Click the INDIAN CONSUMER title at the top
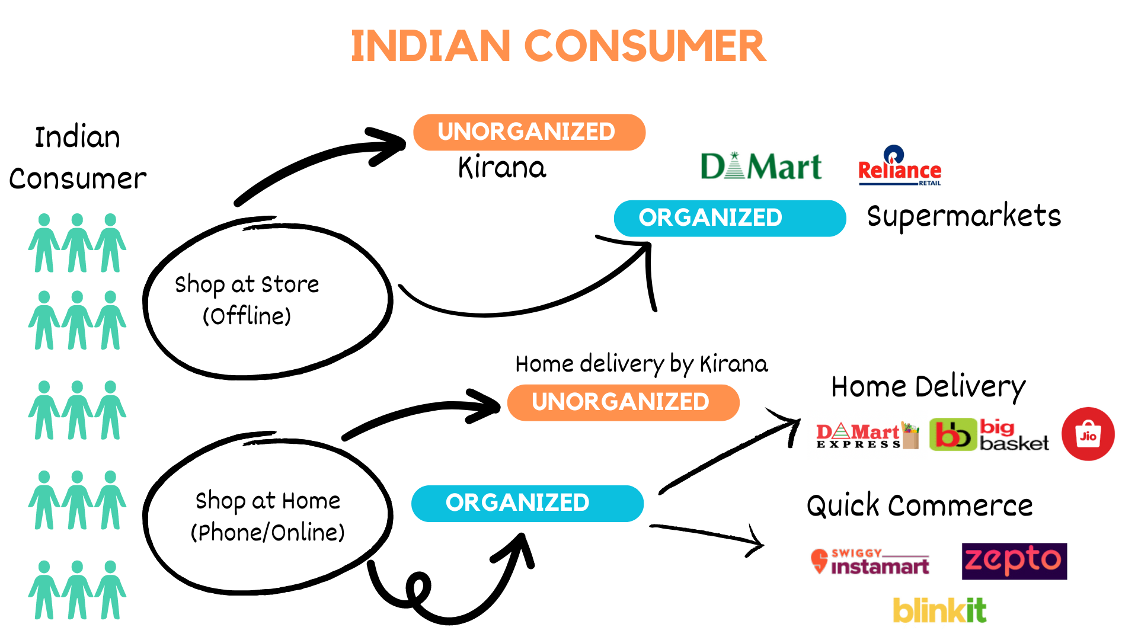pyautogui.click(x=558, y=46)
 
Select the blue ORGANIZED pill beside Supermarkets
pyautogui.click(x=729, y=218)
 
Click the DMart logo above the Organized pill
pyautogui.click(x=761, y=167)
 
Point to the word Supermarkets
pyautogui.click(x=964, y=216)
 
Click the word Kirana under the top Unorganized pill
pyautogui.click(x=502, y=168)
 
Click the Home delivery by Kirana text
pyautogui.click(x=641, y=364)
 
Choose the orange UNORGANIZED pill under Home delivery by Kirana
pyautogui.click(x=623, y=402)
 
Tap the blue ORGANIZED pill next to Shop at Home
pyautogui.click(x=527, y=503)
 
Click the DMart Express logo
pyautogui.click(x=867, y=436)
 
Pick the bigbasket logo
pyautogui.click(x=989, y=436)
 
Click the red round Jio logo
pyautogui.click(x=1088, y=434)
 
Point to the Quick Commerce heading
pyautogui.click(x=919, y=506)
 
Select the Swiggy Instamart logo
pyautogui.click(x=870, y=562)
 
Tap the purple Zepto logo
pyautogui.click(x=1014, y=561)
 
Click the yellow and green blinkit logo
pyautogui.click(x=939, y=610)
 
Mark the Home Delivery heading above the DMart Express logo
pyautogui.click(x=928, y=388)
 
